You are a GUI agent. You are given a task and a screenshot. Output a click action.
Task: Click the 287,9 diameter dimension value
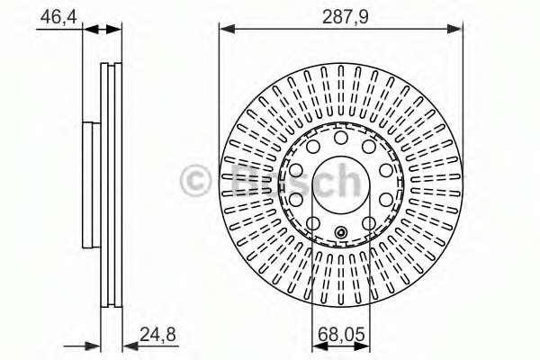346,17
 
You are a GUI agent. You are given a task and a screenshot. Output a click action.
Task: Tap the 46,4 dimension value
58,16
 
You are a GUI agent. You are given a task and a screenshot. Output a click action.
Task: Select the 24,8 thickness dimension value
158,334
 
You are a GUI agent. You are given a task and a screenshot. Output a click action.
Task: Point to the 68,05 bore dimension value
341,334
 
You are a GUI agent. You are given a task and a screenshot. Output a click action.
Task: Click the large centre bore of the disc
340,184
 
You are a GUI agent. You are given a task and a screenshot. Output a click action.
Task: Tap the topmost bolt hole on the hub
340,138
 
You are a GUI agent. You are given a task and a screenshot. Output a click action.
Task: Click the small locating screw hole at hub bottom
340,232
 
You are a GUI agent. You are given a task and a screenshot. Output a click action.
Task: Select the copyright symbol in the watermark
195,181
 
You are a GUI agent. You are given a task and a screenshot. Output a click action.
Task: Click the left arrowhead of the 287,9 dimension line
227,30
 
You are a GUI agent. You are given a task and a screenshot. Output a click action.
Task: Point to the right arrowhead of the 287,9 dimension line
454,30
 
